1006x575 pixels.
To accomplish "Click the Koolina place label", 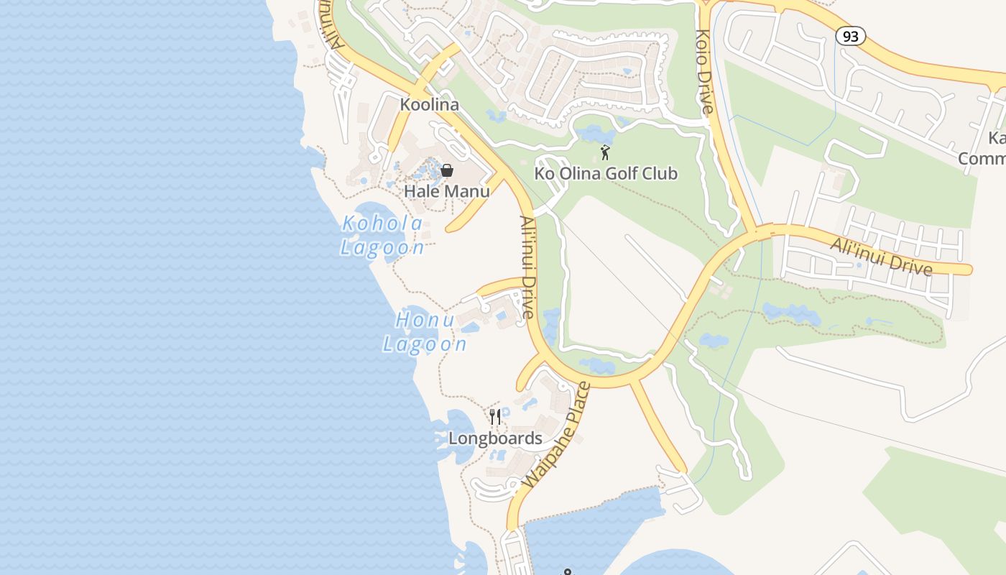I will pyautogui.click(x=429, y=104).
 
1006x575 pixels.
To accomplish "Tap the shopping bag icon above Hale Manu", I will pyautogui.click(x=447, y=170).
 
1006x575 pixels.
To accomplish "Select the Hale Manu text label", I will pyautogui.click(x=447, y=191).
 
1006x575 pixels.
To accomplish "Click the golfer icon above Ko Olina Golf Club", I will pyautogui.click(x=605, y=152).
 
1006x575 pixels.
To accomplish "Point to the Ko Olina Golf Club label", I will pyautogui.click(x=606, y=173).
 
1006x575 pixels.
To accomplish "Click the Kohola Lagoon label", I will pyautogui.click(x=382, y=235).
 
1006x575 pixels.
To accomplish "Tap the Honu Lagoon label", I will pyautogui.click(x=425, y=332).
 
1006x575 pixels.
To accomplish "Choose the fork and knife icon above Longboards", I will pyautogui.click(x=495, y=417).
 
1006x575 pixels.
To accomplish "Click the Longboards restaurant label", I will pyautogui.click(x=495, y=438).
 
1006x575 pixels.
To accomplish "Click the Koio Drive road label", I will pyautogui.click(x=704, y=72).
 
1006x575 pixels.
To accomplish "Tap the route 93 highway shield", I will pyautogui.click(x=850, y=36).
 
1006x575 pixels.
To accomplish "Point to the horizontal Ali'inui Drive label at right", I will pyautogui.click(x=881, y=256).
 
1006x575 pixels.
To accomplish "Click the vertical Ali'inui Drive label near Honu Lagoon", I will pyautogui.click(x=528, y=267).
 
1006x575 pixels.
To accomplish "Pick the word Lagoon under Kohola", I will pyautogui.click(x=382, y=247).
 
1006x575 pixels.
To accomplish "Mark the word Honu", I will pyautogui.click(x=425, y=320).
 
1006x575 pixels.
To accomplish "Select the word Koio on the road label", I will pyautogui.click(x=702, y=45).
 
